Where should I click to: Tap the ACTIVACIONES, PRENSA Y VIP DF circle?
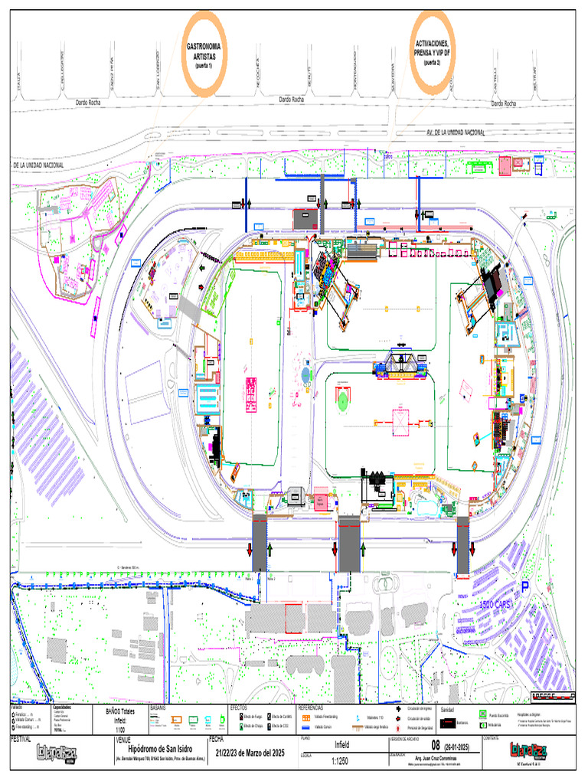point(436,52)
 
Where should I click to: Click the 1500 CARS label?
point(496,604)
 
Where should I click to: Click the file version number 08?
point(435,745)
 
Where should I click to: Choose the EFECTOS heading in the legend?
point(240,708)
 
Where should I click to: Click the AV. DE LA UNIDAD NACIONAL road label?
point(456,132)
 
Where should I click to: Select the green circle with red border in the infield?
point(342,399)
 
